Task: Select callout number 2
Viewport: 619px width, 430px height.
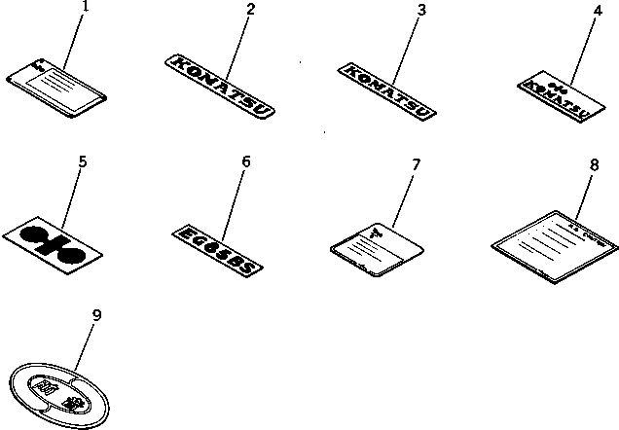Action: (x=250, y=9)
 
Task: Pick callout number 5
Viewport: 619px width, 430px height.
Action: (x=83, y=161)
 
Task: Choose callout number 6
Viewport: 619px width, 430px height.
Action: (x=245, y=161)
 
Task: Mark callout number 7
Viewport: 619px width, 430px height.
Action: (x=416, y=164)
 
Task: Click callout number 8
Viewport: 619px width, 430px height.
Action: (x=594, y=165)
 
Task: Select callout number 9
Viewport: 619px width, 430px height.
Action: (x=96, y=314)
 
